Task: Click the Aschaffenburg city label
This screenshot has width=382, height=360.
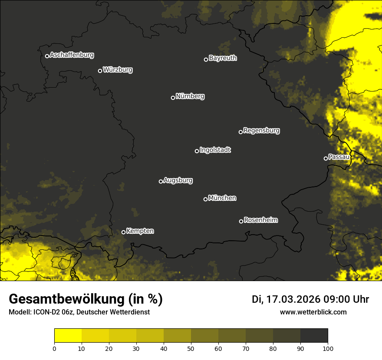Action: (x=72, y=55)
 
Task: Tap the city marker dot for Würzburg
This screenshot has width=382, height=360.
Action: (x=100, y=71)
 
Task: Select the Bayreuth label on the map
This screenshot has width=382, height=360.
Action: (x=223, y=58)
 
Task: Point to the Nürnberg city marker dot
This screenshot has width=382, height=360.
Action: (x=173, y=98)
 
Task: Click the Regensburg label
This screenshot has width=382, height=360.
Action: (x=261, y=131)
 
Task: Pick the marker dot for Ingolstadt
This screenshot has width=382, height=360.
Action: (x=197, y=151)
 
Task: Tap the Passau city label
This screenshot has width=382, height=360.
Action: (x=339, y=157)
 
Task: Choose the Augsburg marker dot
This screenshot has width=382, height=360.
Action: (x=161, y=181)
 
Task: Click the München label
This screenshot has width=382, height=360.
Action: (x=222, y=198)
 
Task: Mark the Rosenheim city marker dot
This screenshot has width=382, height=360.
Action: (x=241, y=222)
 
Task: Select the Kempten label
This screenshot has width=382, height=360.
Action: (x=140, y=231)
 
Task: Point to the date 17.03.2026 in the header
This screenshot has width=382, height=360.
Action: (x=293, y=299)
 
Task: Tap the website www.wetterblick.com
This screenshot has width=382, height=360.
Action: (x=313, y=312)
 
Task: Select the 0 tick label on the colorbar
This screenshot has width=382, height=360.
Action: (x=54, y=348)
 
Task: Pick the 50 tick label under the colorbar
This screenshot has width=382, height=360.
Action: (x=191, y=348)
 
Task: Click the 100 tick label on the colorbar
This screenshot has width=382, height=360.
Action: (x=328, y=348)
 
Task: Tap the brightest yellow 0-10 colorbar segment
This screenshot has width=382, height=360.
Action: (x=68, y=336)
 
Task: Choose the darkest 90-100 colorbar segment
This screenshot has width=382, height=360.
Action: (x=314, y=336)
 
